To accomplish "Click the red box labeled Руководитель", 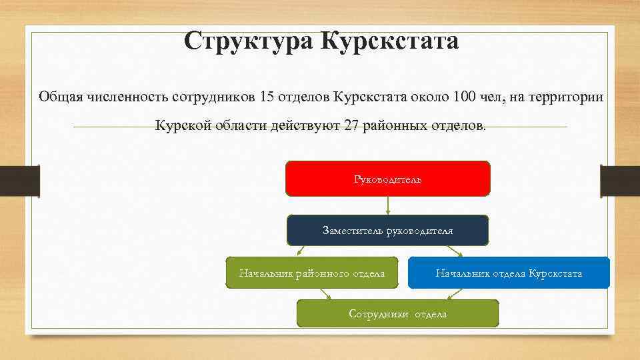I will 387,179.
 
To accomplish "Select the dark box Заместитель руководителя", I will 387,231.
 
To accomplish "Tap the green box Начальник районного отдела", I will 312,273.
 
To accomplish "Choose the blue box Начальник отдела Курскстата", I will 509,273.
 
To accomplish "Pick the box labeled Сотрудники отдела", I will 397,313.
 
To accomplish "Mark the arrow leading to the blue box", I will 459,251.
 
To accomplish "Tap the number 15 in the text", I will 267,97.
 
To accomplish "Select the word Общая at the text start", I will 59,97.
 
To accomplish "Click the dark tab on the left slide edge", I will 19,181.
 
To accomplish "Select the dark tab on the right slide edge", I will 620,181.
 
